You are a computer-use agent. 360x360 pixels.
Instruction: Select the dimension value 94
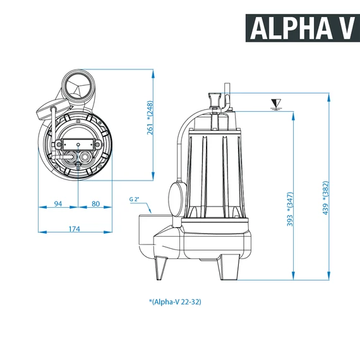pos(58,203)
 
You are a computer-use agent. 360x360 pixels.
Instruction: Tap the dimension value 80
pos(95,203)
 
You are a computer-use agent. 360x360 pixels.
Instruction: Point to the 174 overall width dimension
pos(75,229)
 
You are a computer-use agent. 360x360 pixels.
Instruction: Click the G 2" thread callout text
pos(134,199)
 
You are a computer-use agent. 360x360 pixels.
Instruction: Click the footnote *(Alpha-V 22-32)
pos(175,301)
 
